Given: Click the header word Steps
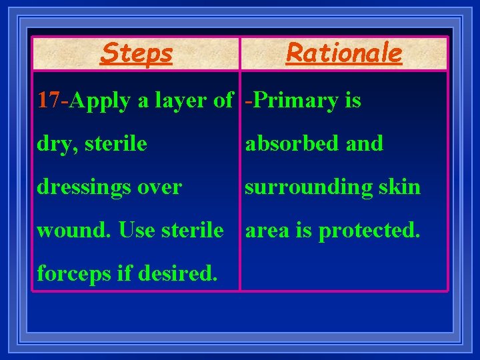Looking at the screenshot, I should point(137,53).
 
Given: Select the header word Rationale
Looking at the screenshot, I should point(344,53).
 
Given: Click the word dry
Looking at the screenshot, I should point(52,144).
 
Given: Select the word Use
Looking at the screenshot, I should point(135,231).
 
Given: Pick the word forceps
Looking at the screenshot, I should point(73,274).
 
